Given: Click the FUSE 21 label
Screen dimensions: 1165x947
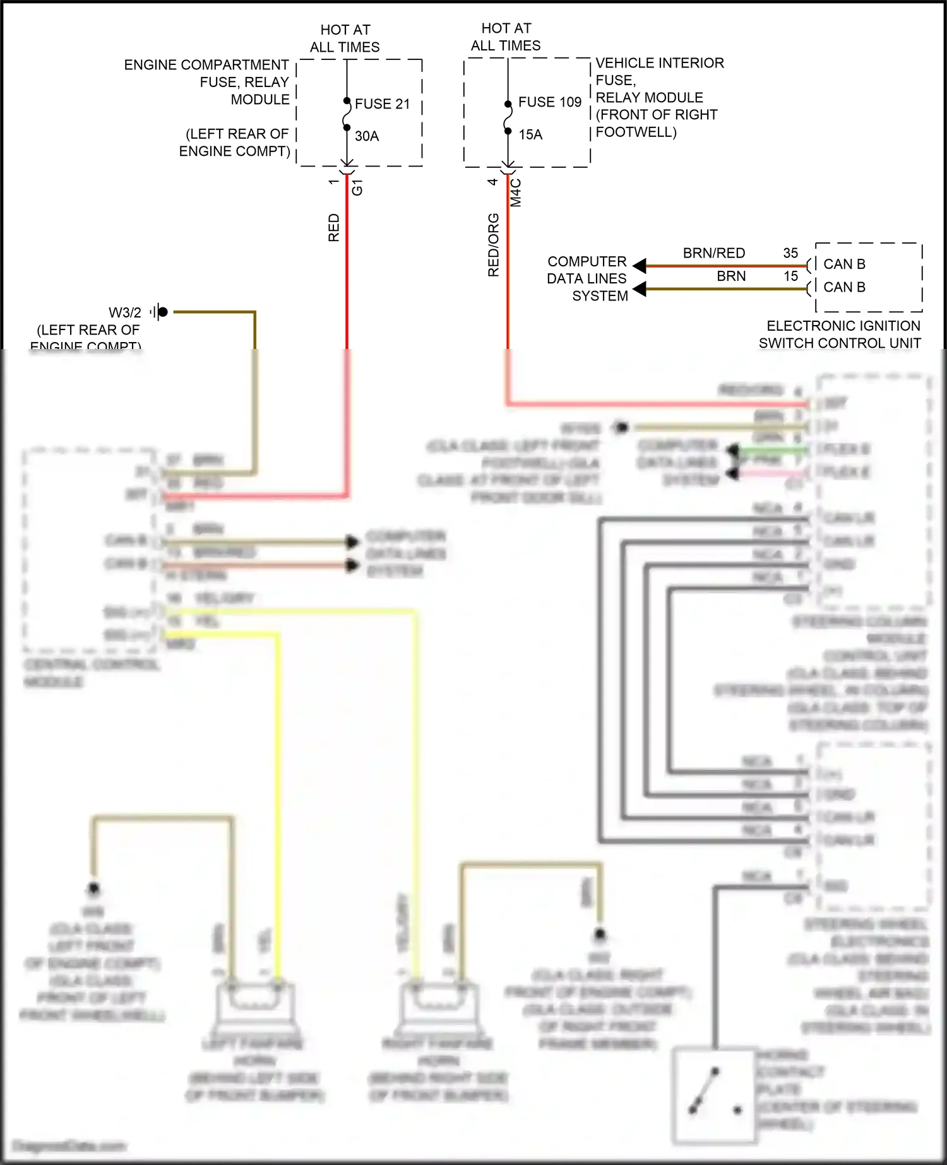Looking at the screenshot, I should (382, 104).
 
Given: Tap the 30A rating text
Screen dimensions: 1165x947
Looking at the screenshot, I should (367, 136).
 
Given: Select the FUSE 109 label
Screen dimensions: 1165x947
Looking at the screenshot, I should (549, 102).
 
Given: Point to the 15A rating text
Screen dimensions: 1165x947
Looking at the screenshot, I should (530, 134).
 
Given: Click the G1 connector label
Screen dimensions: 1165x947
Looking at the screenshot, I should (357, 187).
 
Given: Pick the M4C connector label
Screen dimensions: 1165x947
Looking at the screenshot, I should (516, 192).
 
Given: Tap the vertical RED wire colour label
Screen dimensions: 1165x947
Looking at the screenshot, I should (333, 227).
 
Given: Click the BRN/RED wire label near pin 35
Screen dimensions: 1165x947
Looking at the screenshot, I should (713, 253).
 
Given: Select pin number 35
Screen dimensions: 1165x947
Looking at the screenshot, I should (790, 253).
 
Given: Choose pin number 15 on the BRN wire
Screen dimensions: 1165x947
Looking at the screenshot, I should (790, 276).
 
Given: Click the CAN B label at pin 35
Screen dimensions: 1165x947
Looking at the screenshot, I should (844, 264).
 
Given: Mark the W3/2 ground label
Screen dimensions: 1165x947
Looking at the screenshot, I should (125, 312).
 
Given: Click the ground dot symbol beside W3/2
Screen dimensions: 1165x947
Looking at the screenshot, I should (163, 312).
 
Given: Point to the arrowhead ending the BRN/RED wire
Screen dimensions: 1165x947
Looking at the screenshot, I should (639, 266).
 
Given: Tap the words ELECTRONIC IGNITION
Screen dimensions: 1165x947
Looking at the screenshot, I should (843, 326).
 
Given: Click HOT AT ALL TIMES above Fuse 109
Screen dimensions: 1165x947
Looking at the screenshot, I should (506, 37).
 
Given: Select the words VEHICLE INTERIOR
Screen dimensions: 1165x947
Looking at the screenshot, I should (660, 63).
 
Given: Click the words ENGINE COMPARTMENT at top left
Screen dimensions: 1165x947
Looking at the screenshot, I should (206, 65).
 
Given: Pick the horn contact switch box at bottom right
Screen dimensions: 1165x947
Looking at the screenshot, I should (714, 1096).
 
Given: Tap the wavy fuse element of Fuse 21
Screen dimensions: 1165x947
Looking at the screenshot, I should (347, 115).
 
